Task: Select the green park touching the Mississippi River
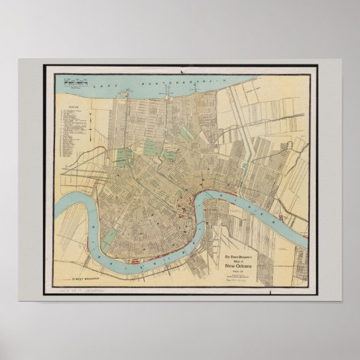(109, 236)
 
